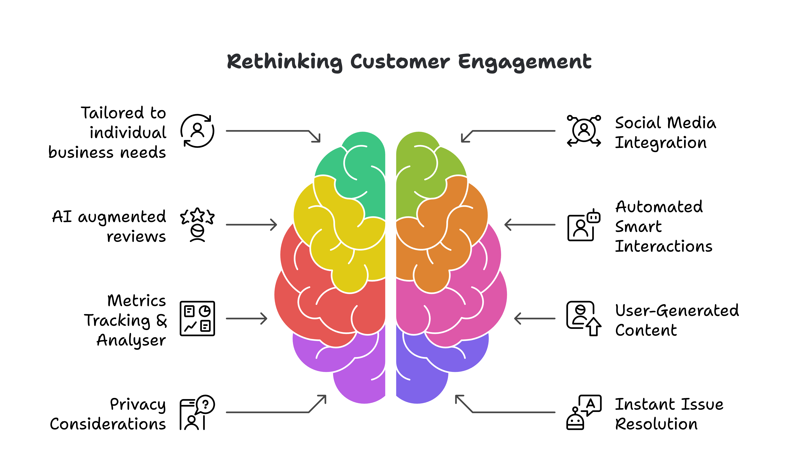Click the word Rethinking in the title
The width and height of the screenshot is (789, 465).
(x=284, y=62)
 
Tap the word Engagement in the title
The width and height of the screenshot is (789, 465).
(x=525, y=62)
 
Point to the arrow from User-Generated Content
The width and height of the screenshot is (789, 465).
(x=535, y=319)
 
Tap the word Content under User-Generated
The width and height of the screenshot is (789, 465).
(x=646, y=330)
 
